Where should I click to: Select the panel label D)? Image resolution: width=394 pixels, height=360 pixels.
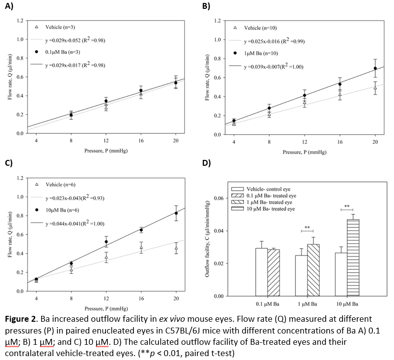click(207, 163)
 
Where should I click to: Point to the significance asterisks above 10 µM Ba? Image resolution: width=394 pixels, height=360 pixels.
click(346, 206)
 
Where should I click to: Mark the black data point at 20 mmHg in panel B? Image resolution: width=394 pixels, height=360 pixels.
click(375, 68)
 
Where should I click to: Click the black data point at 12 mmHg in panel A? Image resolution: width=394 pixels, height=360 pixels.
click(105, 101)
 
